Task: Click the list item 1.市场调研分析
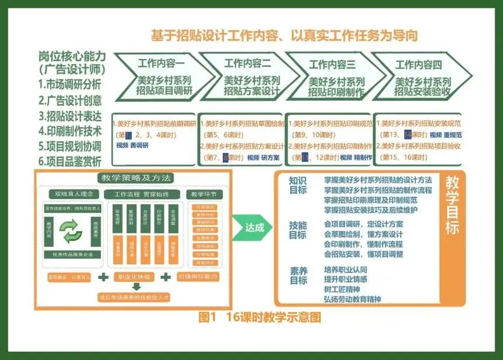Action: pyautogui.click(x=70, y=84)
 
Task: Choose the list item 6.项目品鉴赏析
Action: pyautogui.click(x=70, y=161)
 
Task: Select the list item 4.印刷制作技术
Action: pyautogui.click(x=70, y=131)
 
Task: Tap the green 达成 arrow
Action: pyautogui.click(x=251, y=228)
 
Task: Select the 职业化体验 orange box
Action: pyautogui.click(x=134, y=277)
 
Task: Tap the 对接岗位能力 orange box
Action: pyautogui.click(x=197, y=277)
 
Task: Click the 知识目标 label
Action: pyautogui.click(x=298, y=186)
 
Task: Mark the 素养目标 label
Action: pyautogui.click(x=298, y=274)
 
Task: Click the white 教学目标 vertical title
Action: pyautogui.click(x=451, y=206)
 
